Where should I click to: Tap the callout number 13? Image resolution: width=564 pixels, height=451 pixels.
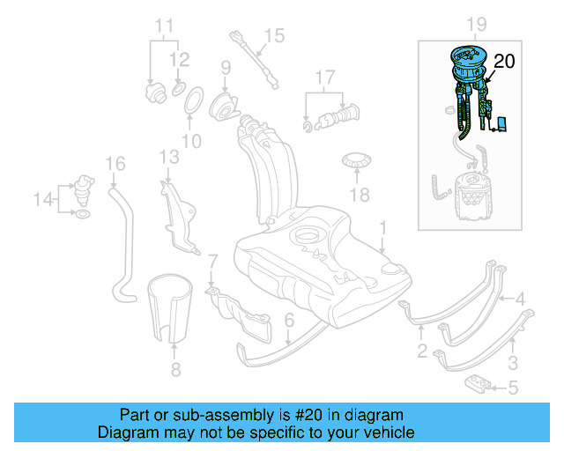point(169,157)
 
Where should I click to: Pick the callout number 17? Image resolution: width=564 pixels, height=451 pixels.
point(326,77)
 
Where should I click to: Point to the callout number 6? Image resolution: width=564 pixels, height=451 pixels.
point(289,323)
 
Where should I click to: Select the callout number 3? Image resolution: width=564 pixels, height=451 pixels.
point(513,361)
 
